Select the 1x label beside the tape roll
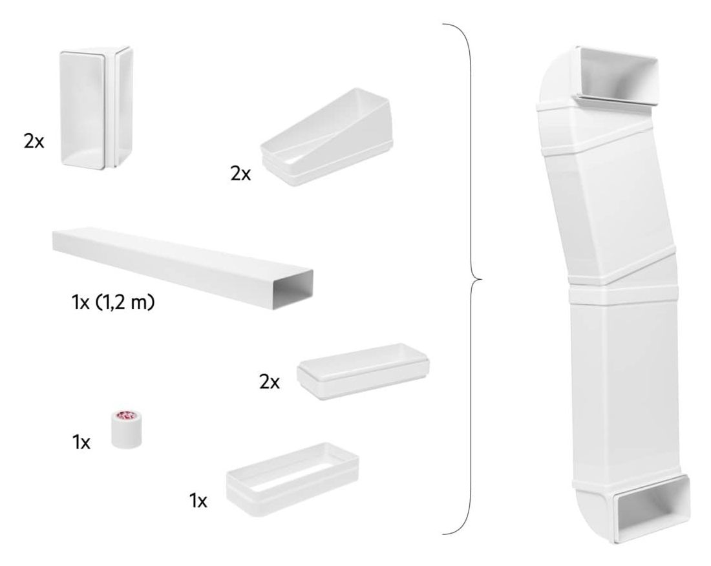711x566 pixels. (81, 443)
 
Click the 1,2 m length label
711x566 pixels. (125, 302)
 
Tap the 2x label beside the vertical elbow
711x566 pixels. (34, 142)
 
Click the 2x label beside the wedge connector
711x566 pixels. (240, 174)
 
